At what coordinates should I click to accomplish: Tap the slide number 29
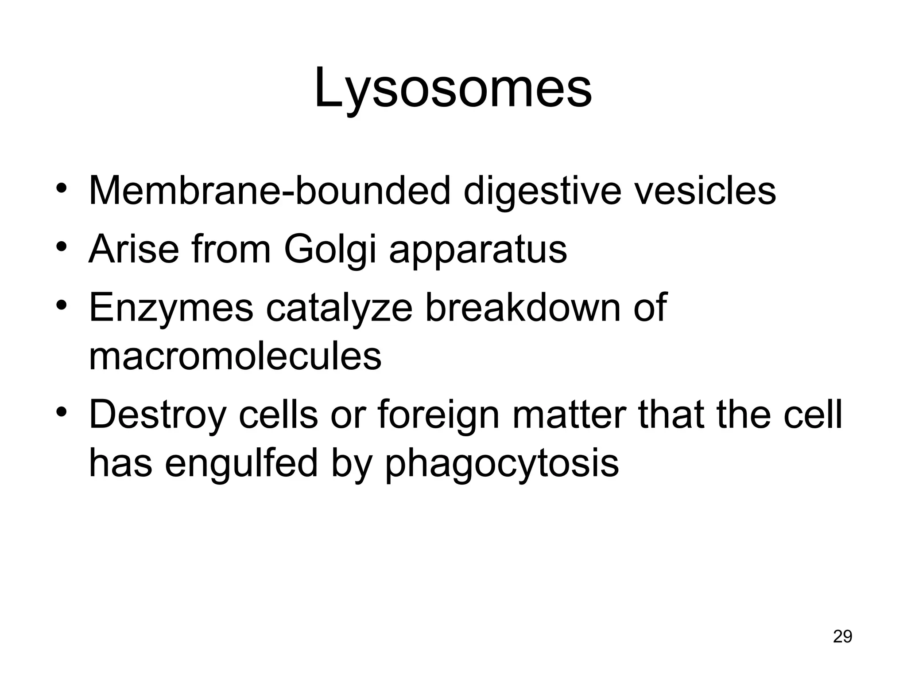842,636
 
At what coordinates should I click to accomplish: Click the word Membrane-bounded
269,191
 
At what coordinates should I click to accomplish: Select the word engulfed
241,464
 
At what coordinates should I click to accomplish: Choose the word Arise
134,250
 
